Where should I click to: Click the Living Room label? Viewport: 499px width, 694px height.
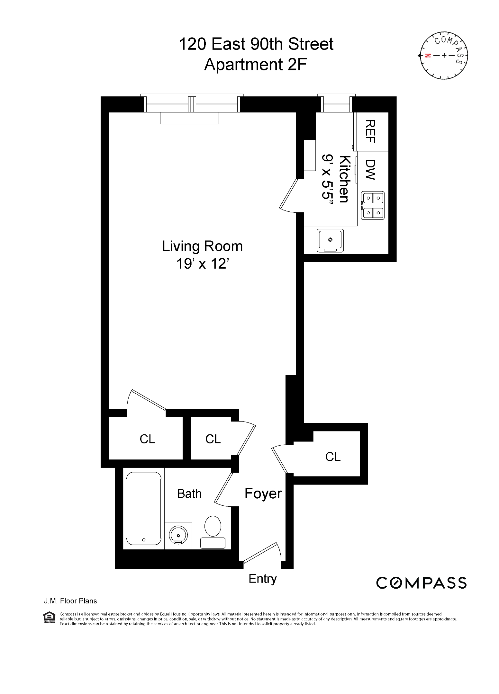[202, 246]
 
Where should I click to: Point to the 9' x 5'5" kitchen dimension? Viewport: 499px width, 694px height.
[327, 177]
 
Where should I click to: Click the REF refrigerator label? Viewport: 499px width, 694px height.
[370, 131]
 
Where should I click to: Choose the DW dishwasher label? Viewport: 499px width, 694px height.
[370, 170]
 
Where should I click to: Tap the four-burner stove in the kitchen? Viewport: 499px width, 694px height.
[372, 205]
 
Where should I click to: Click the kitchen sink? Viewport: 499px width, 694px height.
[330, 240]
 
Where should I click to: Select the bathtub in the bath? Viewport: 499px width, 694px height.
[143, 508]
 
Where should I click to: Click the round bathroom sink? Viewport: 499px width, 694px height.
[178, 535]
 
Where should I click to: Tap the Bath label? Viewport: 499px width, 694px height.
[189, 494]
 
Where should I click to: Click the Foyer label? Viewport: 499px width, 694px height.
[263, 493]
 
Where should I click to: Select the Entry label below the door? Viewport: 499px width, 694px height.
[262, 579]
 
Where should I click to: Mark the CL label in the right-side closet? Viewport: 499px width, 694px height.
[333, 457]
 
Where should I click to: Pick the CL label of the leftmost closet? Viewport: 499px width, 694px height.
[147, 439]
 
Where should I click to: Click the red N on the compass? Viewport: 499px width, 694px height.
[427, 56]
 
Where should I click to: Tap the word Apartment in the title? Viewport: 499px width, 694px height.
[243, 64]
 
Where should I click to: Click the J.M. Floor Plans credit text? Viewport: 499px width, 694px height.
[70, 601]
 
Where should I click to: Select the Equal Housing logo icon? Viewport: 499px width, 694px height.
[49, 617]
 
